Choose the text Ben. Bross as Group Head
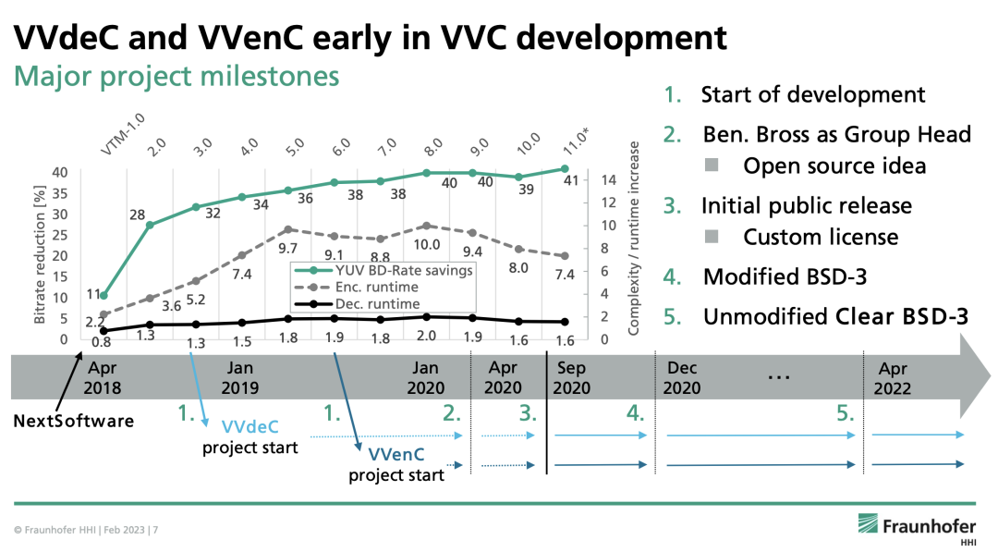point(836,134)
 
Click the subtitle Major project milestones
point(176,76)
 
